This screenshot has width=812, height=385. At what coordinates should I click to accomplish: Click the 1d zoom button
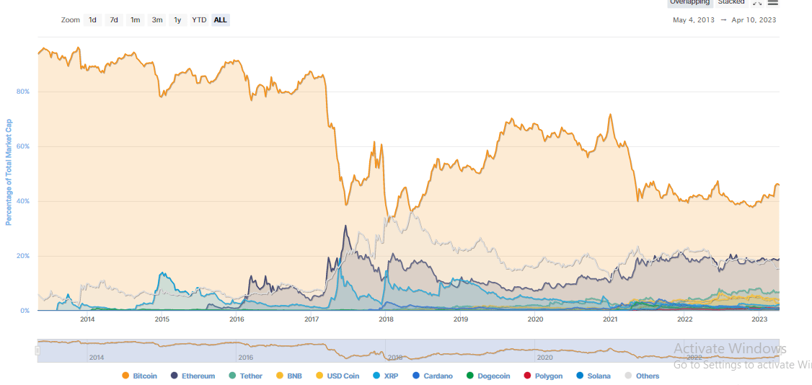(x=93, y=20)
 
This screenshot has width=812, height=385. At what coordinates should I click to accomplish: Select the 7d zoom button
(x=114, y=20)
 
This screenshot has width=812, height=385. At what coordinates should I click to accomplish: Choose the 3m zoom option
(x=156, y=20)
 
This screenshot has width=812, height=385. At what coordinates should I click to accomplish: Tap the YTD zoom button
(x=199, y=20)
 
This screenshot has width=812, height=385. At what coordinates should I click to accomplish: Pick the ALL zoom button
(x=220, y=20)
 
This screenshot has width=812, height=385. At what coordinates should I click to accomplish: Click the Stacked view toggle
(x=731, y=2)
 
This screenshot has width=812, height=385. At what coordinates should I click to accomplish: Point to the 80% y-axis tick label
(x=23, y=92)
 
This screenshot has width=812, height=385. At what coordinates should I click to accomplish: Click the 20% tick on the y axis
(x=23, y=256)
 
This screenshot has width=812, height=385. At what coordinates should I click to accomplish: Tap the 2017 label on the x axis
(x=312, y=319)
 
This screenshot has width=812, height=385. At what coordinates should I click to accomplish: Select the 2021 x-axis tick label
(x=610, y=319)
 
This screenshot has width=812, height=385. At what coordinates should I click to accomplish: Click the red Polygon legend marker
(x=527, y=376)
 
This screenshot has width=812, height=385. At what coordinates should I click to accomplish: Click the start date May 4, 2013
(x=694, y=20)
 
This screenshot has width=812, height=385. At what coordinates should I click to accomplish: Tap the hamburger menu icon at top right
(x=773, y=2)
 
